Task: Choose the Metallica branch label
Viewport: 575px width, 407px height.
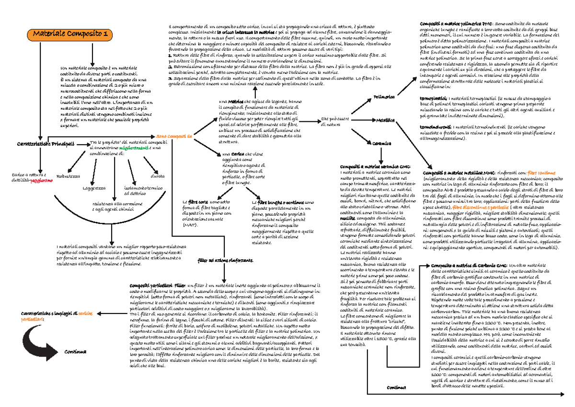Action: coord(385,120)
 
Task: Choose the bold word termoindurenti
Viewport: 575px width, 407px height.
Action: coord(434,127)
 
